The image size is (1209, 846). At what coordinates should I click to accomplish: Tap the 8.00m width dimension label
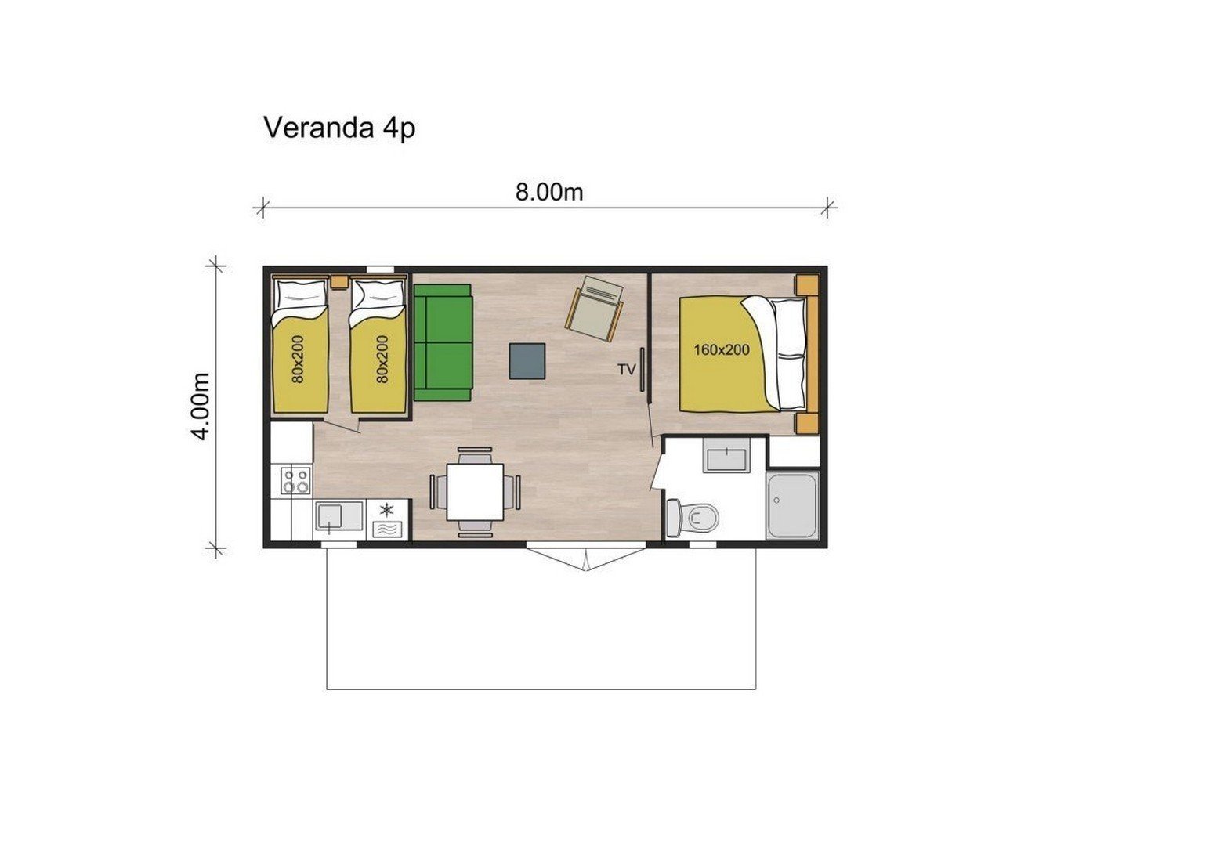pyautogui.click(x=549, y=193)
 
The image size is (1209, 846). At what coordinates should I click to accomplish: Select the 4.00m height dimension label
pyautogui.click(x=201, y=407)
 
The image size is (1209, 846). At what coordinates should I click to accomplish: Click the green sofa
pyautogui.click(x=443, y=342)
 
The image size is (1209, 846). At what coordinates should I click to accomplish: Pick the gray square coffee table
pyautogui.click(x=527, y=361)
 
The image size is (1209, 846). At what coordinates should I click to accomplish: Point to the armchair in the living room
pyautogui.click(x=594, y=309)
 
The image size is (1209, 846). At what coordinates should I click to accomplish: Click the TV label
pyautogui.click(x=627, y=370)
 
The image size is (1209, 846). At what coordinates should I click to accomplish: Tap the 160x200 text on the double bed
pyautogui.click(x=722, y=350)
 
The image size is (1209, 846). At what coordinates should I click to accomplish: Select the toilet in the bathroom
pyautogui.click(x=693, y=518)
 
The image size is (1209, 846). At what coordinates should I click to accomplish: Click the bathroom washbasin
pyautogui.click(x=726, y=456)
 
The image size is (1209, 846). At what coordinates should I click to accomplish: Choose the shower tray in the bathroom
pyautogui.click(x=792, y=505)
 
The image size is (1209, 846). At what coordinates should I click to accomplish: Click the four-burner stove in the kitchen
pyautogui.click(x=296, y=480)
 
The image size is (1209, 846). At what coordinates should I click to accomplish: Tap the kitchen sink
pyautogui.click(x=339, y=516)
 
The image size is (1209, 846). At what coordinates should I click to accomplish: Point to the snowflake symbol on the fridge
pyautogui.click(x=386, y=509)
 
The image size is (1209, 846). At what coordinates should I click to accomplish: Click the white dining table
pyautogui.click(x=475, y=491)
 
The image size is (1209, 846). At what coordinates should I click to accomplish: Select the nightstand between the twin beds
pyautogui.click(x=339, y=282)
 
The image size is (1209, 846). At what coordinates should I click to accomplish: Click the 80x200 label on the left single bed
pyautogui.click(x=298, y=360)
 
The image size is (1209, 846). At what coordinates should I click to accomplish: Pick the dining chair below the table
pyautogui.click(x=475, y=528)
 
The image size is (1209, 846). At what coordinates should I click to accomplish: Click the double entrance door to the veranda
pyautogui.click(x=587, y=559)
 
